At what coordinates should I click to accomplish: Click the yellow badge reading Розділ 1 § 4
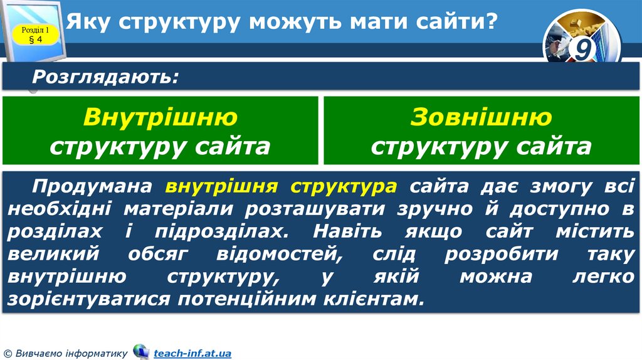pyautogui.click(x=35, y=34)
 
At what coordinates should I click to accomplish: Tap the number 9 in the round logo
pyautogui.click(x=582, y=50)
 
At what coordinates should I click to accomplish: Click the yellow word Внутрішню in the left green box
pyautogui.click(x=160, y=117)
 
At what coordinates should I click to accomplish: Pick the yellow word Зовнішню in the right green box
pyautogui.click(x=481, y=117)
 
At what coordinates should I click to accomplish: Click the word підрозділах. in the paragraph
pyautogui.click(x=225, y=231)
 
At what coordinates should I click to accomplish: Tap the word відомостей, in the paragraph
pyautogui.click(x=278, y=254)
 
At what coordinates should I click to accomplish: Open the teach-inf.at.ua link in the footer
pyautogui.click(x=192, y=354)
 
